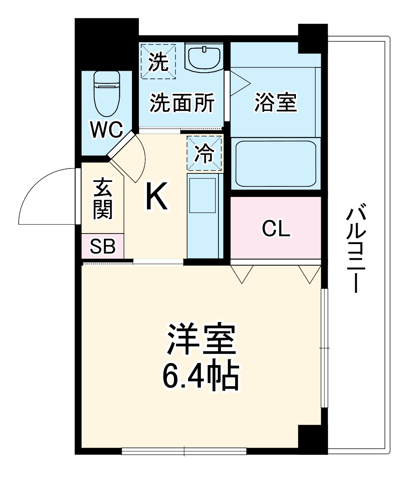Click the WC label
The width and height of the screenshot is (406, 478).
106,130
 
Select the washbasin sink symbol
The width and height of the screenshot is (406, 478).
203,57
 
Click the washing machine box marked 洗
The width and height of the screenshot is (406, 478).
158,61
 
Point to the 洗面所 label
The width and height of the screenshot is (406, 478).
182,103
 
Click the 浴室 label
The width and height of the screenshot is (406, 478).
276,102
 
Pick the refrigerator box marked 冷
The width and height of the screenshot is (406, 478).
205,153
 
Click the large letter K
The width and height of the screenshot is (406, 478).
156,197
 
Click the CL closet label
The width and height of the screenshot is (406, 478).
276,229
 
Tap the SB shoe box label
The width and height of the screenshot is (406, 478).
102,246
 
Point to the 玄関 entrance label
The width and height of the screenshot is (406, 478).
102,199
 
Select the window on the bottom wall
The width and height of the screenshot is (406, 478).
184,451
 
